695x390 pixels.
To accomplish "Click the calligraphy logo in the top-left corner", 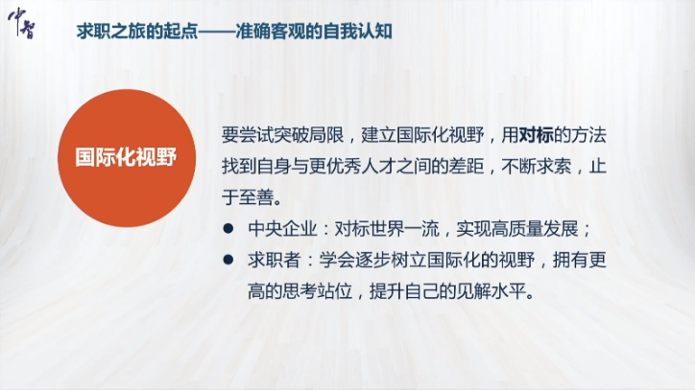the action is click(x=21, y=23).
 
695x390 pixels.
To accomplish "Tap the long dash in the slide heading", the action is click(x=217, y=32).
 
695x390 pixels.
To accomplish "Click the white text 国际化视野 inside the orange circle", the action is click(x=126, y=157).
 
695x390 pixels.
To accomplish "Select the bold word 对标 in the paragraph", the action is click(x=536, y=135).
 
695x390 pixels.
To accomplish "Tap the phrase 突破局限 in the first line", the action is click(x=309, y=135).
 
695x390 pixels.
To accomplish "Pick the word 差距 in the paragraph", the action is click(x=467, y=167).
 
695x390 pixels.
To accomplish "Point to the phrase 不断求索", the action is click(x=536, y=167).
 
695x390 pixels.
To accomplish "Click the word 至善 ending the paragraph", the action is click(x=256, y=198).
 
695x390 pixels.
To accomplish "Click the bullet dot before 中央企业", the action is click(x=228, y=228).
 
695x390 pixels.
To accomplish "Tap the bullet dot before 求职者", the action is click(x=228, y=260).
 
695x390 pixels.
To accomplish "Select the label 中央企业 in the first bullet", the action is click(x=283, y=229).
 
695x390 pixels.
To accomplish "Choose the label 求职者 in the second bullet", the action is click(x=275, y=261).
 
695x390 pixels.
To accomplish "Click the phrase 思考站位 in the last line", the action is click(x=318, y=291).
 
